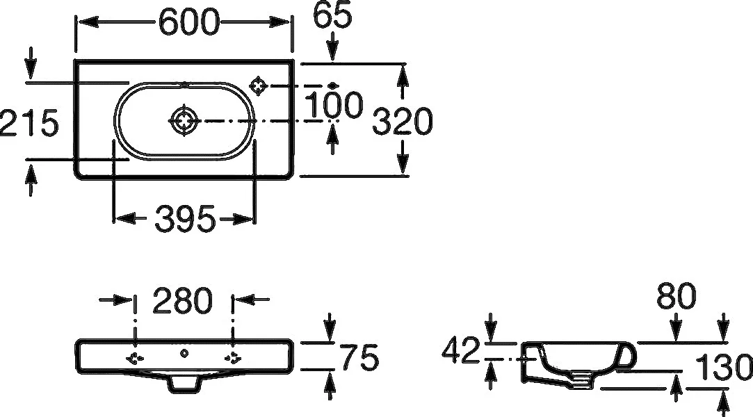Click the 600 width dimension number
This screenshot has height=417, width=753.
[188, 22]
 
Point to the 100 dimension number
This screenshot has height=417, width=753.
[334, 105]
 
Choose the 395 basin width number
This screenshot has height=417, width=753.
[186, 219]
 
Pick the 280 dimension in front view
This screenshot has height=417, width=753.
[182, 300]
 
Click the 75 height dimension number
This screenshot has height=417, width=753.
[359, 357]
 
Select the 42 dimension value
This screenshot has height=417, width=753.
[460, 350]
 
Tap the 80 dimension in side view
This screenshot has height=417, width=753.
[676, 295]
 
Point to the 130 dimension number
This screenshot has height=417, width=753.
[724, 367]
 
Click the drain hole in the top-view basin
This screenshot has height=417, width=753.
[184, 120]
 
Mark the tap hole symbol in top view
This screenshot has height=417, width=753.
[259, 85]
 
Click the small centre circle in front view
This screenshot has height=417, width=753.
[184, 354]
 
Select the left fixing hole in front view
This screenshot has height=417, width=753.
[135, 357]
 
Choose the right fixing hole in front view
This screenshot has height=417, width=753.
[234, 357]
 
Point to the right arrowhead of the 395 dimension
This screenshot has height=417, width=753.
[243, 219]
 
